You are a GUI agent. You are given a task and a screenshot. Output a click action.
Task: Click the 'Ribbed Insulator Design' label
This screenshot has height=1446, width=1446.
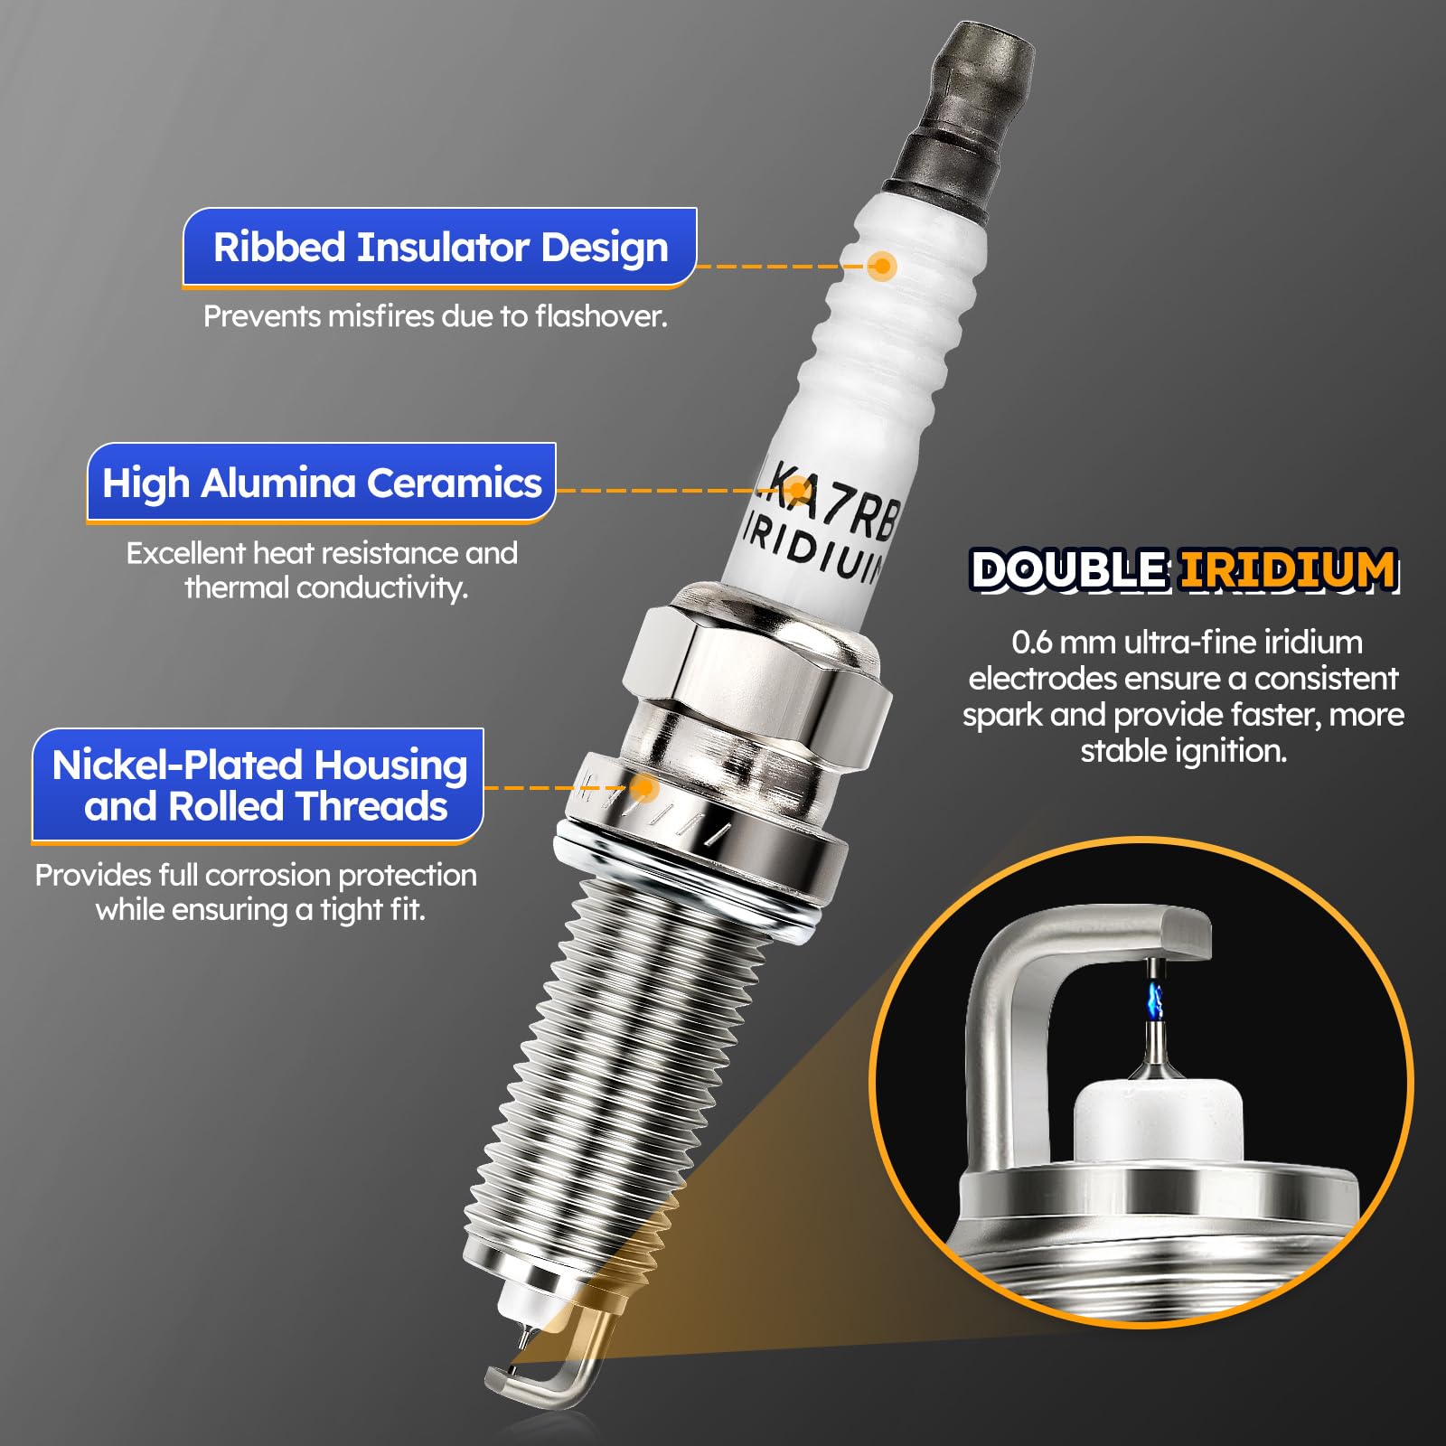pos(440,248)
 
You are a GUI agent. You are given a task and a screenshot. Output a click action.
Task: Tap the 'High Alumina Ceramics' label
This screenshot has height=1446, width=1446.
pos(322,484)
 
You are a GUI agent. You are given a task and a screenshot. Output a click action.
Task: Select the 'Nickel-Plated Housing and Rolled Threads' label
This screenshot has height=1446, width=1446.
pos(258,785)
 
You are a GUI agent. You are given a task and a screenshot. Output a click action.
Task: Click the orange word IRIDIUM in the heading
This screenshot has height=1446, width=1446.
pos(1289,570)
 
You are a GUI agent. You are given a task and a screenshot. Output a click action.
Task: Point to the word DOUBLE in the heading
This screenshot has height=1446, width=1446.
pos(1068,570)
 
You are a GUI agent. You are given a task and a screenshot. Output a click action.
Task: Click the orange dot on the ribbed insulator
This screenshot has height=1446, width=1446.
pos(881,266)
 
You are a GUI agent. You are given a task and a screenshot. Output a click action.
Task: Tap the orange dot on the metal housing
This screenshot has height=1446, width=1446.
pos(643,787)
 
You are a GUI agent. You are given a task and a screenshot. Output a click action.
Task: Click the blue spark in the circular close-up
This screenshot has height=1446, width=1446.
pos(1155,1000)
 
